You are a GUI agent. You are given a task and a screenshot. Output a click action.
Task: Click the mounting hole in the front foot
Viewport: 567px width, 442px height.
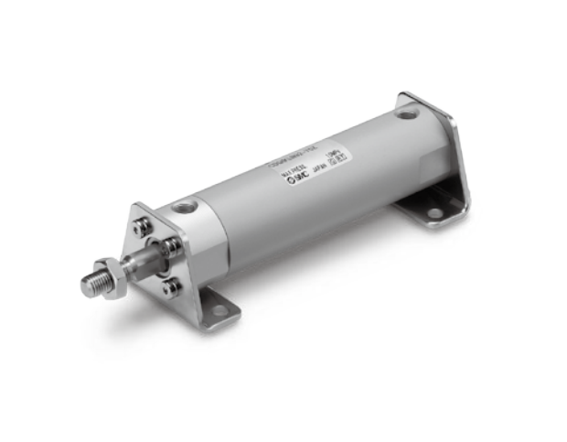[x=219, y=312]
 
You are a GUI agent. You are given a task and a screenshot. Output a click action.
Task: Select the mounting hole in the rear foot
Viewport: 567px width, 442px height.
[x=433, y=213]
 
